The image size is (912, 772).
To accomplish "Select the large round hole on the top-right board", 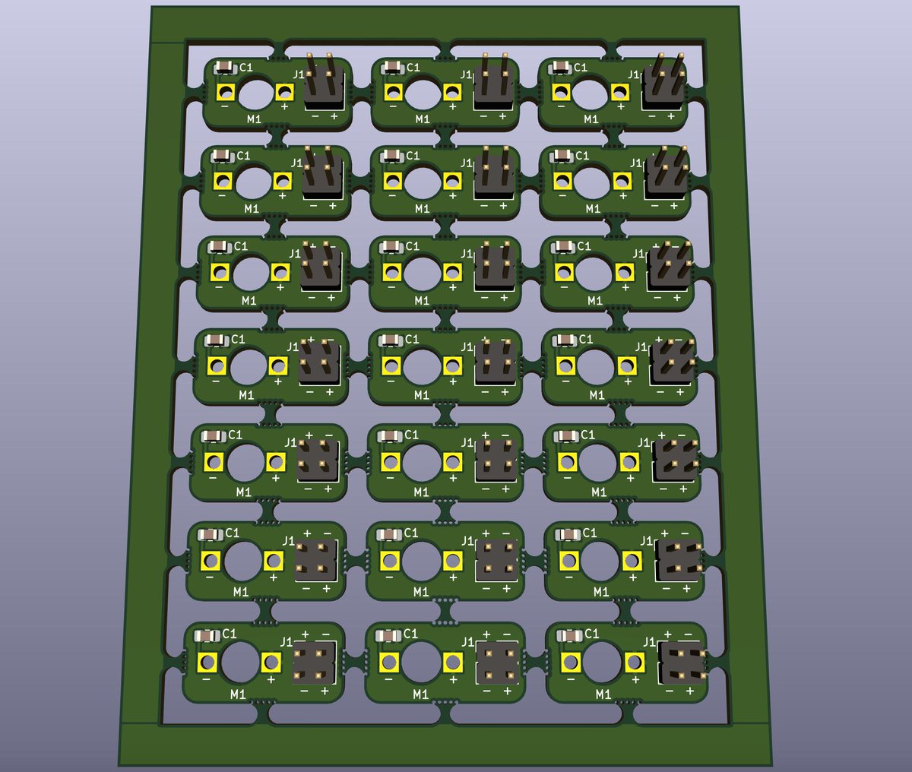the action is pyautogui.click(x=591, y=93).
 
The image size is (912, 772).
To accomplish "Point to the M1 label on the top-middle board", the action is pyautogui.click(x=423, y=119).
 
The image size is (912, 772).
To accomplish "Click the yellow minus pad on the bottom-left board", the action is pyautogui.click(x=207, y=662).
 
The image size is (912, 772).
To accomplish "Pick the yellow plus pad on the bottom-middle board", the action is pyautogui.click(x=451, y=662).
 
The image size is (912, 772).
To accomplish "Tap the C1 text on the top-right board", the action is pyautogui.click(x=581, y=68).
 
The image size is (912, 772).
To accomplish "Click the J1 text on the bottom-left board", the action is pyautogui.click(x=287, y=641).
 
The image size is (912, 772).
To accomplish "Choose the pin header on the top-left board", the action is pyautogui.click(x=325, y=83).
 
